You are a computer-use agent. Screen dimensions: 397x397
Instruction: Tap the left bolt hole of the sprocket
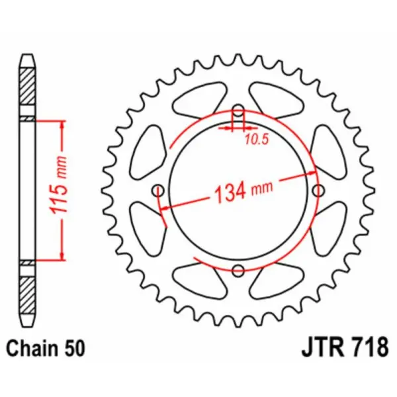point(158,191)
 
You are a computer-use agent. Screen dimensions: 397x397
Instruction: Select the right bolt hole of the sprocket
point(319,191)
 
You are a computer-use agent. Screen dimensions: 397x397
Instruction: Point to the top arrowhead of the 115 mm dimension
point(62,125)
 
